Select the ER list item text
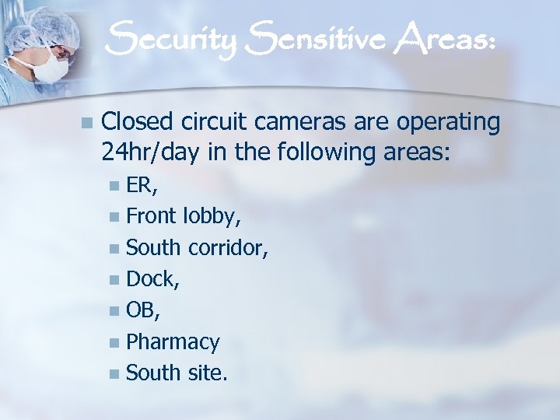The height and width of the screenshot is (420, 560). [140, 184]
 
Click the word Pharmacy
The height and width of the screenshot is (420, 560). [173, 341]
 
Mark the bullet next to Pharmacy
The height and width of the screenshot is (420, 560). [115, 342]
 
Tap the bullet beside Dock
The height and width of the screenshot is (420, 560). [115, 278]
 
